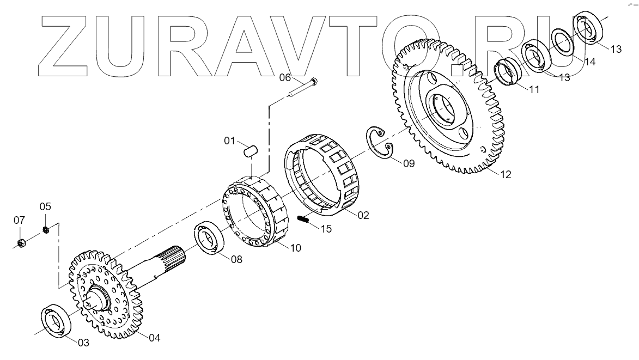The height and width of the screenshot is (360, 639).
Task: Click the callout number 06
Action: click(286, 77)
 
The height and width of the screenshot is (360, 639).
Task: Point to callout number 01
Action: click(231, 142)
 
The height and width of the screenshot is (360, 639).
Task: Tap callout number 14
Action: click(589, 62)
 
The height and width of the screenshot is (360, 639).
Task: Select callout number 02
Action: click(363, 215)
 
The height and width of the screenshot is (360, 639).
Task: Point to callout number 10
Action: click(295, 248)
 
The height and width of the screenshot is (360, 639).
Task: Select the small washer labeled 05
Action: click(47, 229)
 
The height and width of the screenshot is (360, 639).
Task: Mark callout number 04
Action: click(154, 338)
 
